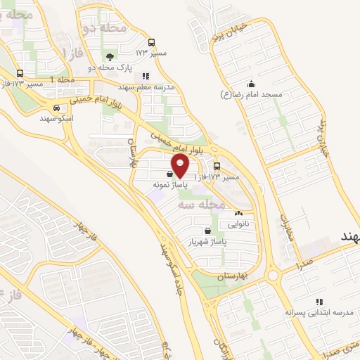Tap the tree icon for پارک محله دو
click(x=108, y=56)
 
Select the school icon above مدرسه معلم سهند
click(x=146, y=77)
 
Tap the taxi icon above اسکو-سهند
click(x=56, y=108)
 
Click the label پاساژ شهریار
click(x=207, y=241)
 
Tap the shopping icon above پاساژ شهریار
click(x=207, y=231)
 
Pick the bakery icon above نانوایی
click(x=238, y=214)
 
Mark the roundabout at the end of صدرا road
click(x=273, y=275)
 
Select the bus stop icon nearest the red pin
click(x=216, y=167)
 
